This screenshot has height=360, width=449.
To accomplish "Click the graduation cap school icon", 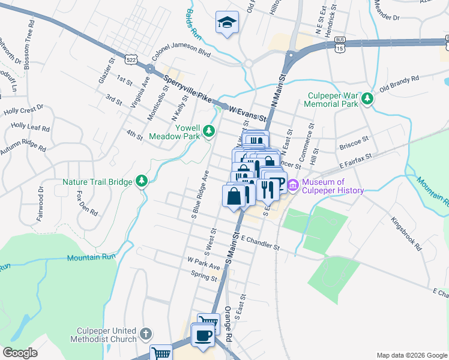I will point(226,22).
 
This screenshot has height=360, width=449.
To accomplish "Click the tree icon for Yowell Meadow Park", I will point(208,130).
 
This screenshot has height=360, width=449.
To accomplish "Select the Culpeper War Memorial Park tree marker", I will point(367,99).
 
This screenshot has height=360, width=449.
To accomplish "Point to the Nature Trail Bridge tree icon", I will point(142,180).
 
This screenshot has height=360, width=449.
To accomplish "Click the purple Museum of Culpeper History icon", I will point(293,186).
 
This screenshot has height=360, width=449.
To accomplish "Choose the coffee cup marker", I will point(203,334).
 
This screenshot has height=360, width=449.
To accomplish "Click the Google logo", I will point(19,353).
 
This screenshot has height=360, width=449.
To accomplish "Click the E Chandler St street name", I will point(261,242).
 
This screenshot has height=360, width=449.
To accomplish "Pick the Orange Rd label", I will point(228,324).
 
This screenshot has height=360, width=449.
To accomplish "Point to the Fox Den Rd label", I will point(86,203).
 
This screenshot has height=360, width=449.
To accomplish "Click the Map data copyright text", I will point(412,355).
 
